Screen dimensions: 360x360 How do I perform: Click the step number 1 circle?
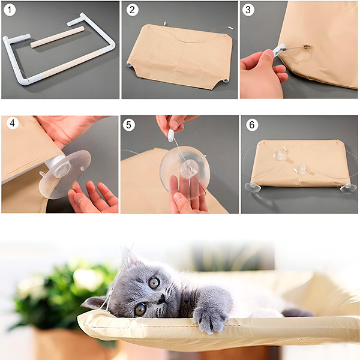click(x=10, y=10)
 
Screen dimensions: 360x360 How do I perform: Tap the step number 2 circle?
click(x=133, y=10)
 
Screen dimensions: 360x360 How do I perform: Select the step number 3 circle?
click(x=248, y=10)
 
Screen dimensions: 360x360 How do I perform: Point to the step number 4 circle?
click(x=13, y=123)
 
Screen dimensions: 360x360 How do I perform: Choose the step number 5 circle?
click(x=129, y=125)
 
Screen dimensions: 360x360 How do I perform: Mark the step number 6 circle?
click(x=252, y=125)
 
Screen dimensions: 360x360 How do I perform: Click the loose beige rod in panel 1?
click(x=58, y=37)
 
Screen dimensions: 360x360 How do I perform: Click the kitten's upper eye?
click(x=154, y=283)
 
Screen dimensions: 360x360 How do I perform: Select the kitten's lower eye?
click(x=140, y=309)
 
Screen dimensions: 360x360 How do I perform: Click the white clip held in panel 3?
click(x=279, y=50)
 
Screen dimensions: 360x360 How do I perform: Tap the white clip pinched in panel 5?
click(x=171, y=135)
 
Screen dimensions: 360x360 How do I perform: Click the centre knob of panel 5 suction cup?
click(x=189, y=169)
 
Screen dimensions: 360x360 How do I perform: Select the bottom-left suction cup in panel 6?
click(x=253, y=188)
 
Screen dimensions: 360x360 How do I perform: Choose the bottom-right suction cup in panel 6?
click(x=348, y=188)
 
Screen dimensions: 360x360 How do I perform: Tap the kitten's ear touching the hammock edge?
click(x=95, y=302)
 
